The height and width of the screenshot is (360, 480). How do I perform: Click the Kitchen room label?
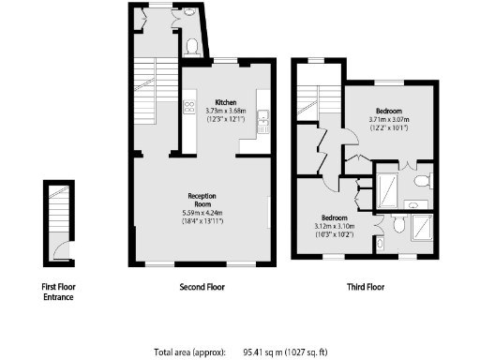225,102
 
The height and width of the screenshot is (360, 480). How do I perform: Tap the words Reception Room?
199,200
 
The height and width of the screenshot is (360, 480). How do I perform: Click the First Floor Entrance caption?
57,292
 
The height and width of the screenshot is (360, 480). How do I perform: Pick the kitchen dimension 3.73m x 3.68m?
225,112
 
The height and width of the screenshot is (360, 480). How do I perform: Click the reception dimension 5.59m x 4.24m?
199,214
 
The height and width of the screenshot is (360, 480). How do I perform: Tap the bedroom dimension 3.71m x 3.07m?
389,120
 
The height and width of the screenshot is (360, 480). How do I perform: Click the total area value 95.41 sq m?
265,352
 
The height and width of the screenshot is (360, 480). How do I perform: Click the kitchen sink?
265,117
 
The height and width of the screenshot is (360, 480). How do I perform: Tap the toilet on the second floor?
191,44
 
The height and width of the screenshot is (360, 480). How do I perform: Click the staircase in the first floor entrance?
57,208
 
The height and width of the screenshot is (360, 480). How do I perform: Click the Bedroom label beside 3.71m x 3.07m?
389,110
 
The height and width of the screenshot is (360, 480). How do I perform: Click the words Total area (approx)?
190,352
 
